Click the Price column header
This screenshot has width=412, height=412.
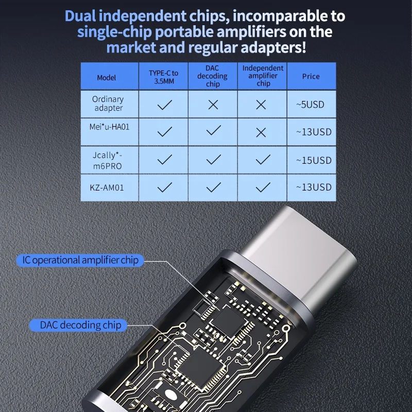(x=311, y=76)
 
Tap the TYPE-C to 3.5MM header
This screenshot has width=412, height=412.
(x=164, y=77)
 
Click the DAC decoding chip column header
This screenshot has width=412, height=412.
(x=213, y=76)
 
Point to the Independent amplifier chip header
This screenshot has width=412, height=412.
(x=263, y=76)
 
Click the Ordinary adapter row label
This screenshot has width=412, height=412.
(x=108, y=104)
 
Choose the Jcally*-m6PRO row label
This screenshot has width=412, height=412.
(x=108, y=160)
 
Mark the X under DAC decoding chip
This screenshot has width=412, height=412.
(x=213, y=105)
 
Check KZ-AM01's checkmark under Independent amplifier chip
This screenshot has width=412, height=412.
(x=263, y=187)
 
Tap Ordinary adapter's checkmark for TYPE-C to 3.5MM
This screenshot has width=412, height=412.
(x=164, y=105)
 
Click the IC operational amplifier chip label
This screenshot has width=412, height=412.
(x=80, y=260)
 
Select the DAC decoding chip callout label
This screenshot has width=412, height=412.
(x=81, y=325)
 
